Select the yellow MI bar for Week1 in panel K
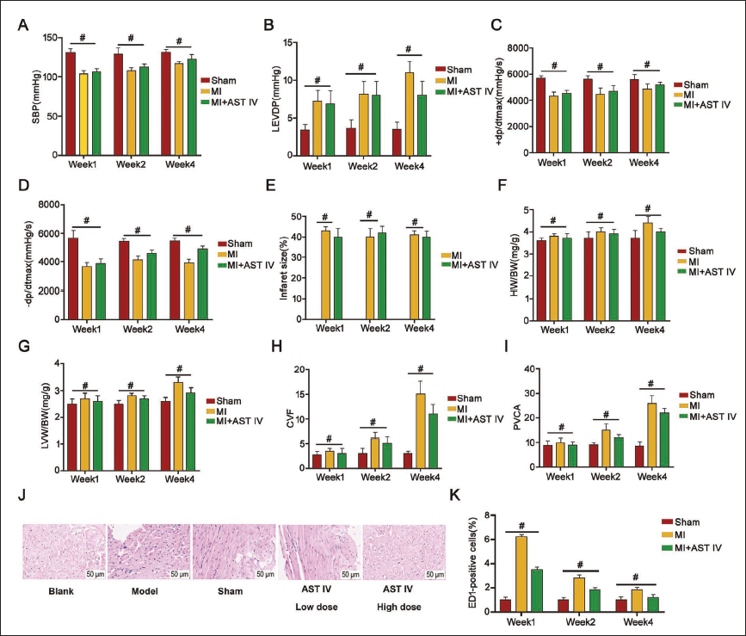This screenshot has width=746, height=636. [521, 574]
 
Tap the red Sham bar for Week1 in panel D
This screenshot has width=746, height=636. [74, 278]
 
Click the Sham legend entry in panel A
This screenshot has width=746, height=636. [218, 80]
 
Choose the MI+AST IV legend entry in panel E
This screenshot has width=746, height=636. [470, 265]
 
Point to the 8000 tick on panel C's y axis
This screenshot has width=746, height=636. [519, 48]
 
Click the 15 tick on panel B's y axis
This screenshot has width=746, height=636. [287, 42]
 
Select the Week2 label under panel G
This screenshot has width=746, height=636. [131, 479]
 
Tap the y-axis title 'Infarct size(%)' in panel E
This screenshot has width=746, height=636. [284, 269]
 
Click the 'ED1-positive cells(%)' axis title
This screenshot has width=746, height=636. [472, 562]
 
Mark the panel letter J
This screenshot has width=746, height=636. [22, 496]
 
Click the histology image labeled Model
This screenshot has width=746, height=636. [149, 552]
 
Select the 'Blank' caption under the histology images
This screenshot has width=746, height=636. [61, 591]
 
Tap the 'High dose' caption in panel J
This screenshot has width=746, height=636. [398, 607]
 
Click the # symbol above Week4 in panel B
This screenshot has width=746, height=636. [408, 49]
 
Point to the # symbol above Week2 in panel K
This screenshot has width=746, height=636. [580, 565]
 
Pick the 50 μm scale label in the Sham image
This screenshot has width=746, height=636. [266, 574]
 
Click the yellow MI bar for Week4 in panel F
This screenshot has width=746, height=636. [649, 272]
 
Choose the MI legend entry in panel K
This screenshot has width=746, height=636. [681, 534]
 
